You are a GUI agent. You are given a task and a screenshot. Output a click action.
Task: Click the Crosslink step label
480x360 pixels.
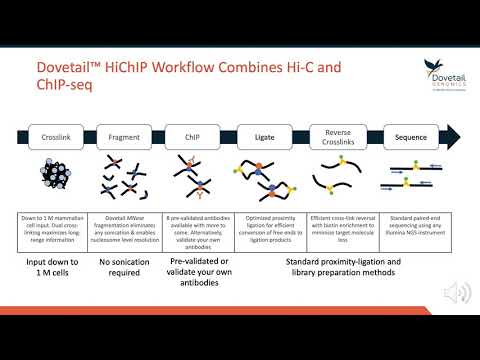(x=55, y=138)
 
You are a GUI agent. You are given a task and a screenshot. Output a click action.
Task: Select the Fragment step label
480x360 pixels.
(x=123, y=138)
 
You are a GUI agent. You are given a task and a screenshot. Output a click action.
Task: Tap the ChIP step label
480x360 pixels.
(x=193, y=138)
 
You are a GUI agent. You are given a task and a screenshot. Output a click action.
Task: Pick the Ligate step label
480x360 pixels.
(x=265, y=138)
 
